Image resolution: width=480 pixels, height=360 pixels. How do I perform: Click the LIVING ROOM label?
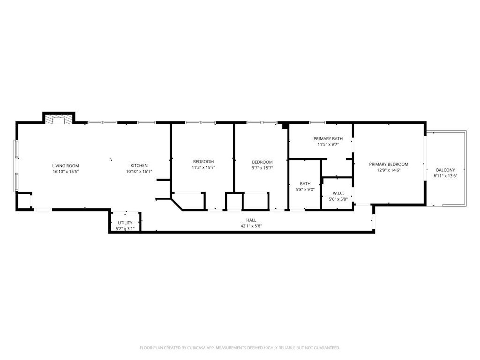pos(66,166)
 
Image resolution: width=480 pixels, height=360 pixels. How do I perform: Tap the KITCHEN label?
pos(139,166)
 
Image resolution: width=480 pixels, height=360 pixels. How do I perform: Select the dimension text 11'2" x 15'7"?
pos(203,168)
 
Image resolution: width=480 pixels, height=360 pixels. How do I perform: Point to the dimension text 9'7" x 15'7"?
pos(262,168)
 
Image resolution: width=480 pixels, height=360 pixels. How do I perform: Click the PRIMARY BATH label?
pos(328,139)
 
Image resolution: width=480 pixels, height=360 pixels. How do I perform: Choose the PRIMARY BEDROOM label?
pos(388,164)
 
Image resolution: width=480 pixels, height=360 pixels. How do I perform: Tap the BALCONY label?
pos(445,170)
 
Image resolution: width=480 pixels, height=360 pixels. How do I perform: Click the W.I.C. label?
pos(338,193)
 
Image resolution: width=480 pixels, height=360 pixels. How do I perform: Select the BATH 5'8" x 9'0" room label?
pos(305,184)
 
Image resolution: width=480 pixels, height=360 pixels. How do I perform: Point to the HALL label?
pos(251,220)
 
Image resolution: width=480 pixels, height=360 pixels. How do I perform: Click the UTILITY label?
pos(125,223)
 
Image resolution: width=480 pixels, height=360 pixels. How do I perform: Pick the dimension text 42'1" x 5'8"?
pos(251,226)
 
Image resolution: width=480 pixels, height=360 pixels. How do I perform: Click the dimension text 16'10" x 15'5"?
pos(66,172)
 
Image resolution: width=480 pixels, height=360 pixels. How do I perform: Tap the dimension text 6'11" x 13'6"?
pos(445,176)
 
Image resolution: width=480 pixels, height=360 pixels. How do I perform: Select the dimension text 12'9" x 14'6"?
pos(388,170)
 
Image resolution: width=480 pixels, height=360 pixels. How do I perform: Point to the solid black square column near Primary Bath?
pos(285,126)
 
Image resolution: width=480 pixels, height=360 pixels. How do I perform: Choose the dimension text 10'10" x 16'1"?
pos(139,172)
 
